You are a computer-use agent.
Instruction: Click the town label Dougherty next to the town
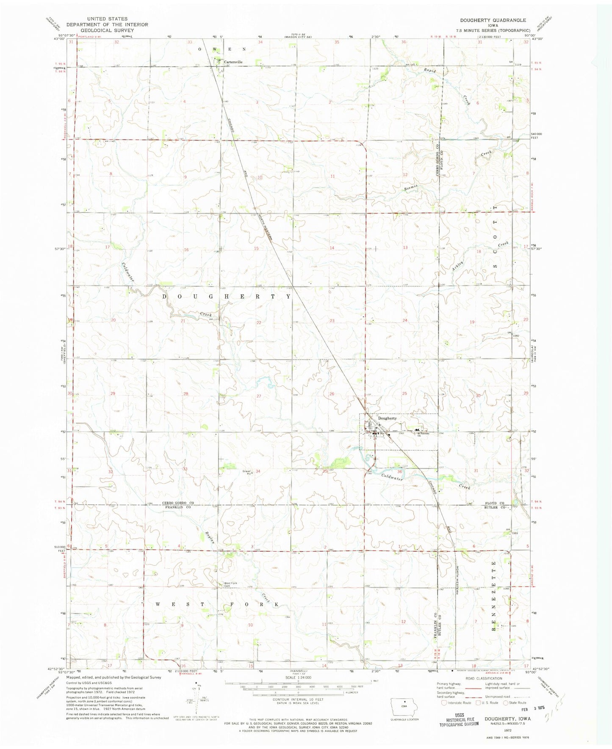point(387,418)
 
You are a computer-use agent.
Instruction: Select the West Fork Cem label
point(230,585)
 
